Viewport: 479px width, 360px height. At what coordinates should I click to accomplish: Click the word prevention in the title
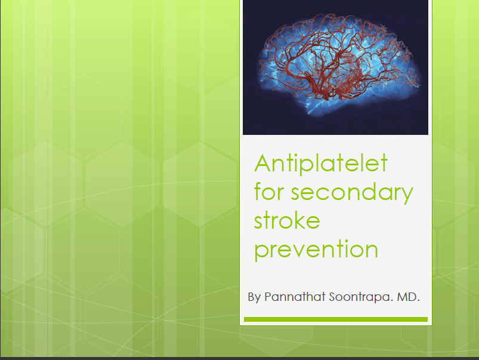(x=316, y=250)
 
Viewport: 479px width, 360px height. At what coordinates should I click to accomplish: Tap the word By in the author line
(x=254, y=297)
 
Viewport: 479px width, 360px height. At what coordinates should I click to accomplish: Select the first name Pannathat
(x=295, y=297)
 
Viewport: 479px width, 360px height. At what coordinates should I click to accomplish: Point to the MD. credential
(x=408, y=297)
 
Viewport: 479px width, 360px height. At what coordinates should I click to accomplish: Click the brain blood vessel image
(x=335, y=67)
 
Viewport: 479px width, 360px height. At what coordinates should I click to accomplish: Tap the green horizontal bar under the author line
(x=336, y=319)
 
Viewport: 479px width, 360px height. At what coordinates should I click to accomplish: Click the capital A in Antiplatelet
(x=263, y=164)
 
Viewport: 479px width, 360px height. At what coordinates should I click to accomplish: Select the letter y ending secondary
(x=406, y=195)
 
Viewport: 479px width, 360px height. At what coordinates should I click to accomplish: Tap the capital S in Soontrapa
(x=333, y=297)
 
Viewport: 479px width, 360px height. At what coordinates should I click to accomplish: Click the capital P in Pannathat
(x=268, y=297)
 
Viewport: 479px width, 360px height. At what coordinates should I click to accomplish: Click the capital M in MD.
(x=401, y=297)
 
